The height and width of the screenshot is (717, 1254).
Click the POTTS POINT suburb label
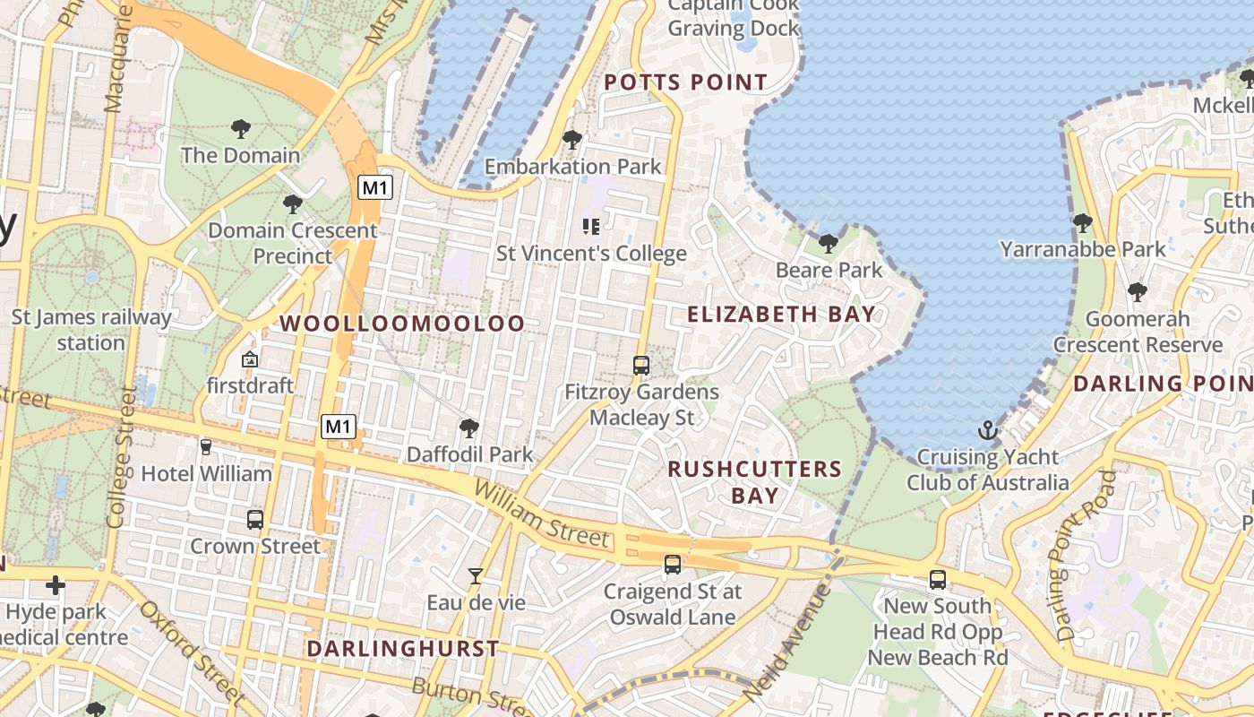685,82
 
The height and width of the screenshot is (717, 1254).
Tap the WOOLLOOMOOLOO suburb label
402,324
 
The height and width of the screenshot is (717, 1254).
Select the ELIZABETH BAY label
780,314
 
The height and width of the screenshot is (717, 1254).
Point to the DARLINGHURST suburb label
402,648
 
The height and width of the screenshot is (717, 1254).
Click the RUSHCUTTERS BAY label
754,481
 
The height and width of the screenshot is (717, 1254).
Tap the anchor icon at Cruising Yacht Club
987,430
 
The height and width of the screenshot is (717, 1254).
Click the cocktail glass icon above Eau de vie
476,576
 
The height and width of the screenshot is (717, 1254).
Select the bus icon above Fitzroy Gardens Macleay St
641,366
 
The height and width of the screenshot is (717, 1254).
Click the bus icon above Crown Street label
255,520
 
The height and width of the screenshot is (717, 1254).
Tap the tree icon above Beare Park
829,243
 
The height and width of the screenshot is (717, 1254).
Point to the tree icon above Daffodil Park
468,428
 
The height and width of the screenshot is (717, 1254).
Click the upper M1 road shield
375,187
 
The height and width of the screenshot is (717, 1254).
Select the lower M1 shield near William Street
339,427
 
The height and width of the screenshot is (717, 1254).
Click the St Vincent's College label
591,254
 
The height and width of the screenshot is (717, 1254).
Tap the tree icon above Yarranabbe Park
1083,222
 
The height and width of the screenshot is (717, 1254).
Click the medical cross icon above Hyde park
56,586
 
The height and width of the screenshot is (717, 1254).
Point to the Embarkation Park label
573,166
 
